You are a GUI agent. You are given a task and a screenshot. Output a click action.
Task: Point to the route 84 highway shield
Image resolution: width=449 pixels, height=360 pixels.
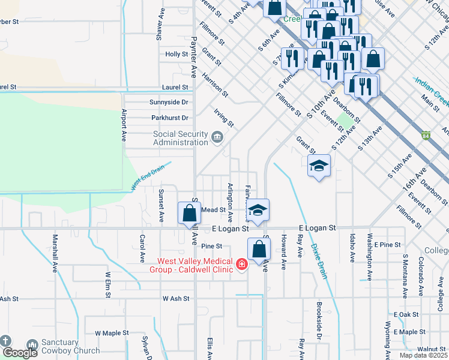click(x=426, y=136)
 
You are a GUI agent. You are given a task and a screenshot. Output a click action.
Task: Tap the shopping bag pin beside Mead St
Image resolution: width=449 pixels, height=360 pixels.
click(x=190, y=212)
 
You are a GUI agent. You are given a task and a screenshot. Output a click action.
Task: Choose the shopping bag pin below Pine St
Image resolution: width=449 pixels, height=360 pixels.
click(x=259, y=248)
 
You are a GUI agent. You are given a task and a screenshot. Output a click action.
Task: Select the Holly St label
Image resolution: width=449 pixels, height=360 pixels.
click(x=176, y=55)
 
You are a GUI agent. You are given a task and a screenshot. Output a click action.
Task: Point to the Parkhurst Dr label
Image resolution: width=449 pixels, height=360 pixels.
click(x=170, y=118)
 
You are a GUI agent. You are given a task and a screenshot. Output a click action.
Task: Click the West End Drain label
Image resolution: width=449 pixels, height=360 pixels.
click(x=148, y=178)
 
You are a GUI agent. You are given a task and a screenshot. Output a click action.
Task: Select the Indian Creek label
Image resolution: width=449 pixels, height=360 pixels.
click(x=431, y=88)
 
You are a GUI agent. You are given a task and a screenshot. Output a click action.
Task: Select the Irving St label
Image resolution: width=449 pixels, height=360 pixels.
click(x=224, y=117)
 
